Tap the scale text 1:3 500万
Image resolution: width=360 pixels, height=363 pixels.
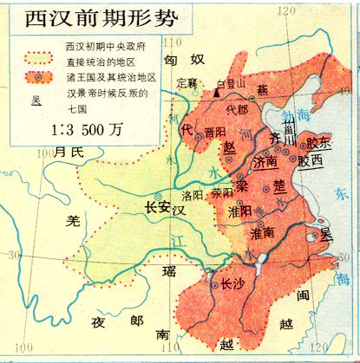[75, 124]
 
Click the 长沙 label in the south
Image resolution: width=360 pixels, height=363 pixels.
[232, 282]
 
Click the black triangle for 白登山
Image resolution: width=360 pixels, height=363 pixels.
[217, 92]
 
